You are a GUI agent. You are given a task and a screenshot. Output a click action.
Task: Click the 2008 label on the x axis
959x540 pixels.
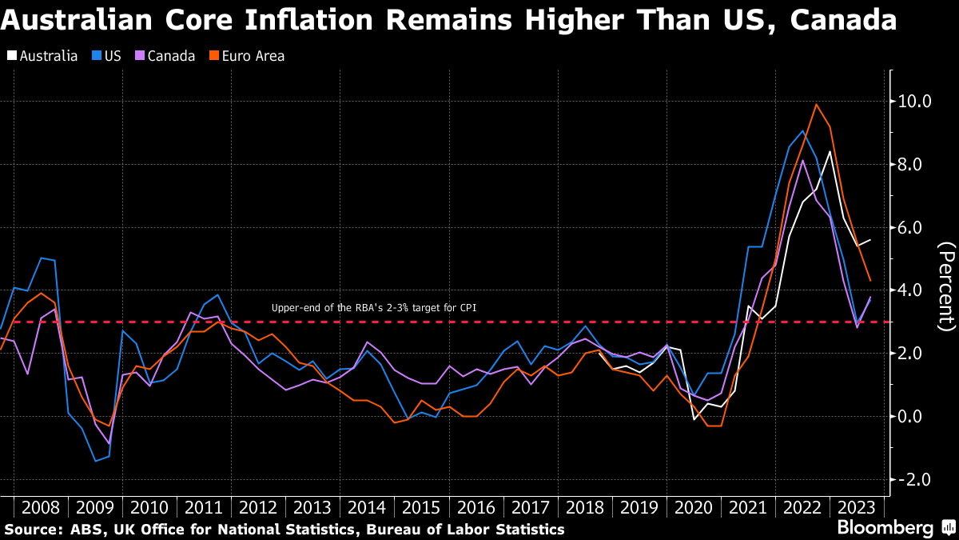tap(41, 507)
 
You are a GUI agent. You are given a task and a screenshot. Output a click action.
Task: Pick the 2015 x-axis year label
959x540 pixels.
tap(420, 507)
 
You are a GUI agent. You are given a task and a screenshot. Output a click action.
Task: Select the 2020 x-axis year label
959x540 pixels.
tap(692, 507)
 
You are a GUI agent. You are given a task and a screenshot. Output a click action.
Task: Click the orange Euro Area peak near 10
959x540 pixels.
tap(816, 104)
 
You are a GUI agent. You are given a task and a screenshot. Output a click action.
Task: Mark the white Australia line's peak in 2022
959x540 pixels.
tap(830, 151)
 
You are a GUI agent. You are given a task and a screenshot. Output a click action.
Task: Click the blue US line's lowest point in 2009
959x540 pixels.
tap(96, 461)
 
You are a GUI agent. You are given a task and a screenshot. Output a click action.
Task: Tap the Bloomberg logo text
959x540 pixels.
tap(885, 528)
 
